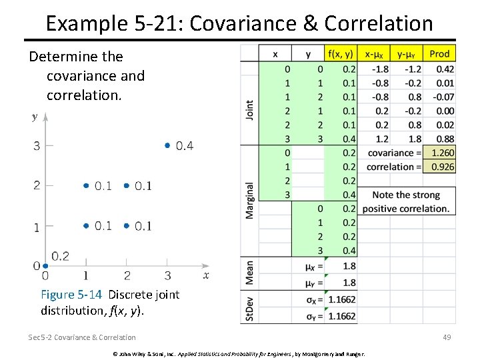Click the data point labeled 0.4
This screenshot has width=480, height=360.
(x=167, y=145)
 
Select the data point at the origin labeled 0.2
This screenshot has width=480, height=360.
(x=45, y=265)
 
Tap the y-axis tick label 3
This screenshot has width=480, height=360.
(x=37, y=146)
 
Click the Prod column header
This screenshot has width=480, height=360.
(x=439, y=53)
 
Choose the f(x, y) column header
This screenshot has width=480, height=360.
(x=341, y=53)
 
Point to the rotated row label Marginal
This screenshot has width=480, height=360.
(x=249, y=200)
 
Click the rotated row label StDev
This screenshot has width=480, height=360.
(x=249, y=309)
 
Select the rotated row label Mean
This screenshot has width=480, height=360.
(x=249, y=273)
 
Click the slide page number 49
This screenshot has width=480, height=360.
(x=446, y=337)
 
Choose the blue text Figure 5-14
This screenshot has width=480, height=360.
(x=72, y=294)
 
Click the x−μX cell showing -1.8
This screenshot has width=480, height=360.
(x=380, y=69)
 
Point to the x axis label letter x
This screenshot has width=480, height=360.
(x=206, y=275)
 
